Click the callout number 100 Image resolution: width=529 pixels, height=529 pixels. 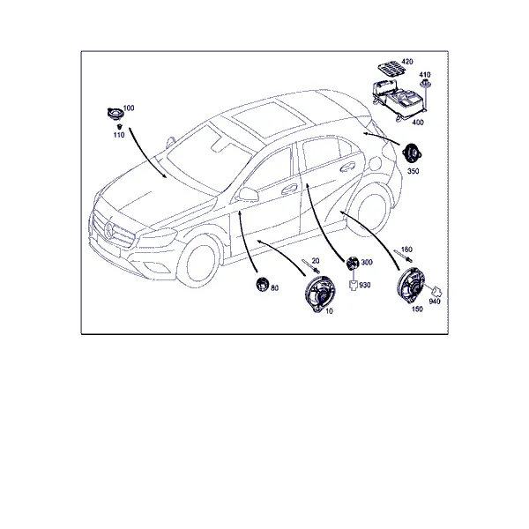129,108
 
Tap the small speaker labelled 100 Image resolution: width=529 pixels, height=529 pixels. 114,113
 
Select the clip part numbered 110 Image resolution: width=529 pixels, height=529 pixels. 119,126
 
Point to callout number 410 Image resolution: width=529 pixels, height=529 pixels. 425,75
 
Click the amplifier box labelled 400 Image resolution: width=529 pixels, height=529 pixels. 399,100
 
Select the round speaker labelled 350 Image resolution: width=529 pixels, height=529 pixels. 410,153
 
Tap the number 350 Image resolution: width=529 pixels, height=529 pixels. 414,171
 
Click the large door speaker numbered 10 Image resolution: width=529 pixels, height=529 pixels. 319,294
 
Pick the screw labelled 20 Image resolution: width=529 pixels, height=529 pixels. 311,266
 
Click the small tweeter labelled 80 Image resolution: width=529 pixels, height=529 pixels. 262,283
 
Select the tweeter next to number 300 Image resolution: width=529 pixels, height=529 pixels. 353,263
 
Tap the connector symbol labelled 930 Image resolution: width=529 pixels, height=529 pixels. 353,285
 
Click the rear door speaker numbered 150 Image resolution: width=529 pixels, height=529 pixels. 411,285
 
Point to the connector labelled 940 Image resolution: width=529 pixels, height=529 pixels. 437,291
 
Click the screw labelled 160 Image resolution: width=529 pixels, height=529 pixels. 403,256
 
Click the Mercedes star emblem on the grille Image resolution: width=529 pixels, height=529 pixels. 110,230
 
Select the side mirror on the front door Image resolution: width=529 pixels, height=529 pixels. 249,194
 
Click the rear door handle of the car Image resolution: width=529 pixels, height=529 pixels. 348,167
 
